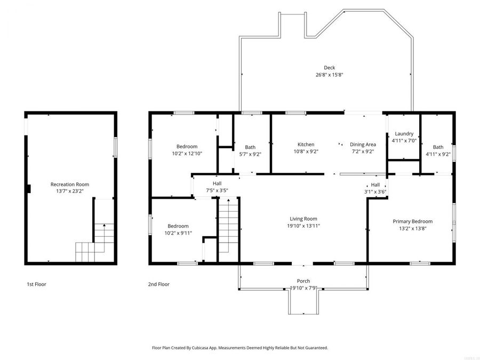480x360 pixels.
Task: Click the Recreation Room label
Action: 69,184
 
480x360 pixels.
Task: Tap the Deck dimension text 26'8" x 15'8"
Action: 329,75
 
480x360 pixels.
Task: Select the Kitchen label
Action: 306,145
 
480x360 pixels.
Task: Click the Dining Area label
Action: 363,145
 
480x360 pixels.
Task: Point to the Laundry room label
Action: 404,133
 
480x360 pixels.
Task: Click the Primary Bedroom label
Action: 412,221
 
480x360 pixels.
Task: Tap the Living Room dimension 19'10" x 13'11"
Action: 303,226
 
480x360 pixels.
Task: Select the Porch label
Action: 303,281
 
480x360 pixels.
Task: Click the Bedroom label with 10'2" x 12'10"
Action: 187,147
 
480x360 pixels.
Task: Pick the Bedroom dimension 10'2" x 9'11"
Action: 178,233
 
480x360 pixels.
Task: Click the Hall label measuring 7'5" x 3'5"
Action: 217,183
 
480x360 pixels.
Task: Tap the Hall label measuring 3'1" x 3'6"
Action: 375,185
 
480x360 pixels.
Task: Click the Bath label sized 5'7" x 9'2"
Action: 250,147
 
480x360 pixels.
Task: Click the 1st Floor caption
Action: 36,284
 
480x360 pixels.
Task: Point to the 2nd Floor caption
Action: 158,284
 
